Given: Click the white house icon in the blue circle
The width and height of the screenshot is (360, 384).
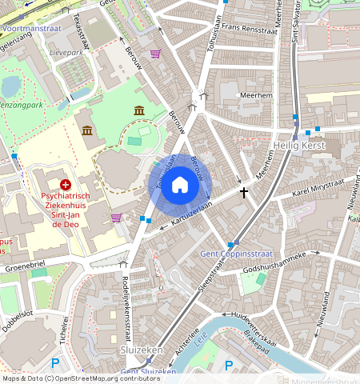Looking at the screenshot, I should [180, 186].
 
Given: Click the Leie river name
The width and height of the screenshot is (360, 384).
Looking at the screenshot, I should [201, 335].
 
